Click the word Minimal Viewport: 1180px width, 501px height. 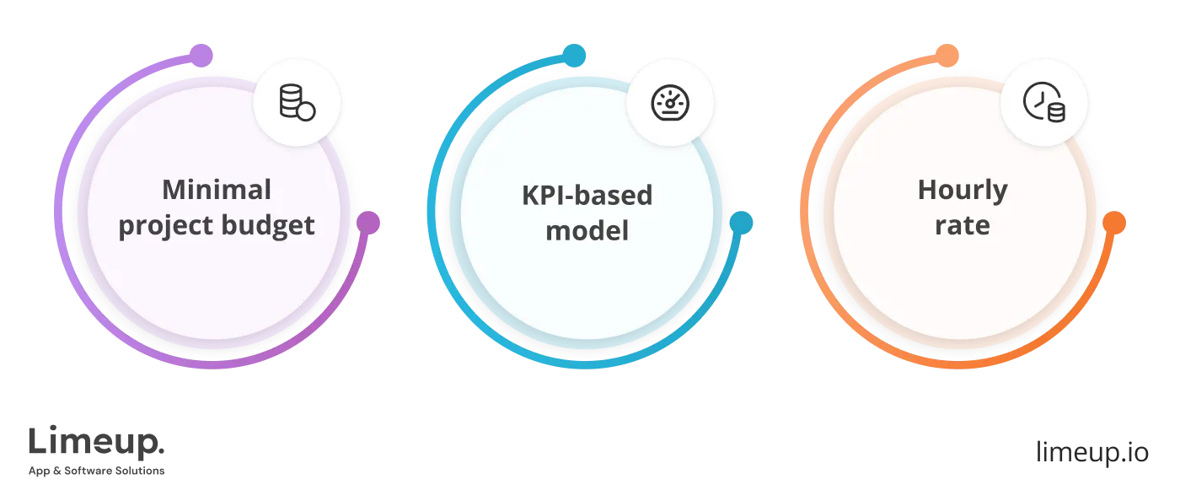coord(217,189)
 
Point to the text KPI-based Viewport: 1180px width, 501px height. coord(587,195)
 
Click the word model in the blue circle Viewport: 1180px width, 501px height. coord(587,229)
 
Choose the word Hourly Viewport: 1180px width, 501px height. coord(962,191)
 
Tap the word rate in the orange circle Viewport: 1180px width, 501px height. coord(962,225)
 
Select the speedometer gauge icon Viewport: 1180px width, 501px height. coord(671,102)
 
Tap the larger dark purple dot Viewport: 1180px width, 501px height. coord(368,224)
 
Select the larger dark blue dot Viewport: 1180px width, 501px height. coord(741,223)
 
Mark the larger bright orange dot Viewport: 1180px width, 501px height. coord(1113,223)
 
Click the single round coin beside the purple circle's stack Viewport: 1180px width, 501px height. coord(306,111)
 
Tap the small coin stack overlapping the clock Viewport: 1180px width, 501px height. coord(1054,111)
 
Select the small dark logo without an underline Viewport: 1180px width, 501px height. coord(1091,453)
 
